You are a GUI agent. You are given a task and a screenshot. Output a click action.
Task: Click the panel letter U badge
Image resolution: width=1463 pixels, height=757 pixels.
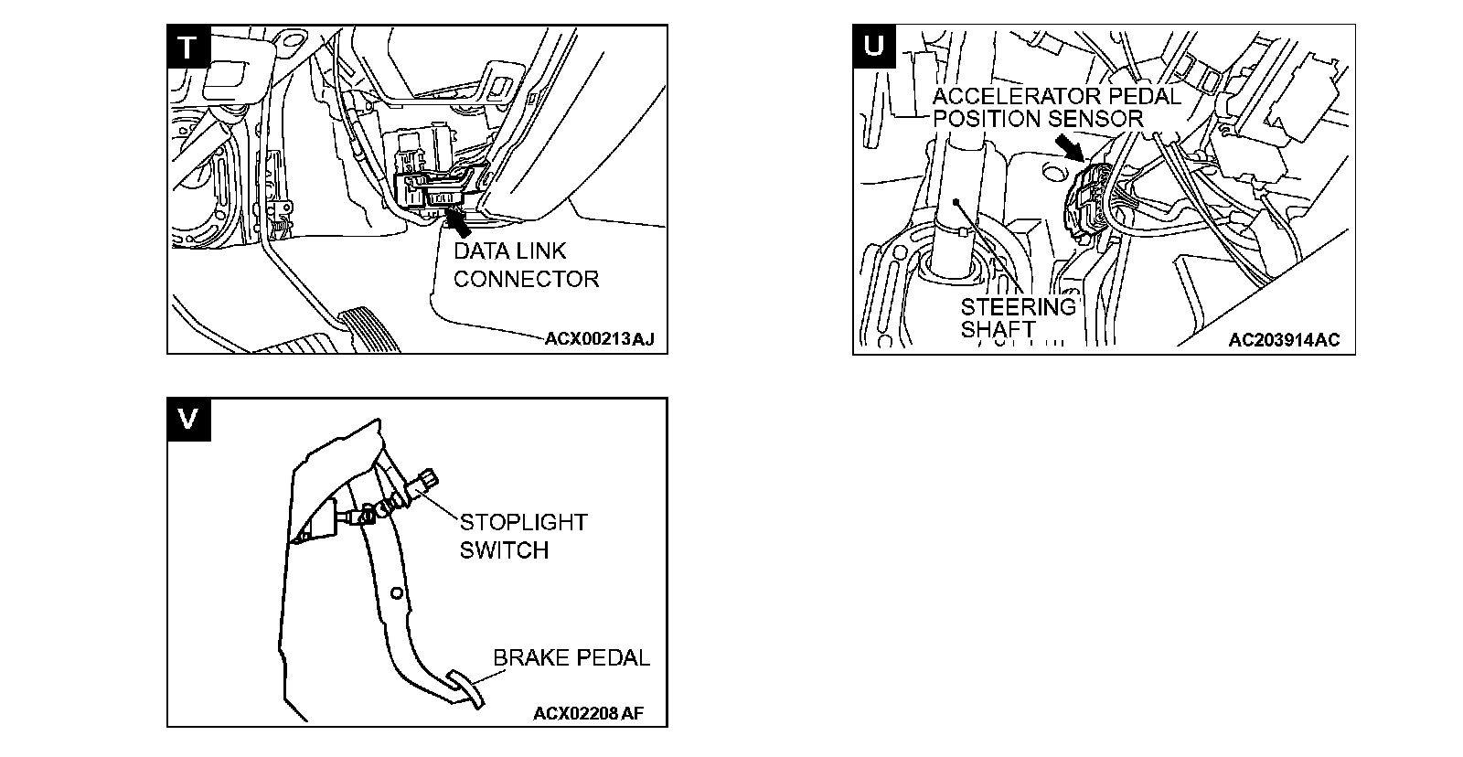[873, 46]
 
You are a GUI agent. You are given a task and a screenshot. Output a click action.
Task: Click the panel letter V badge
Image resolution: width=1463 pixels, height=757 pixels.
[187, 418]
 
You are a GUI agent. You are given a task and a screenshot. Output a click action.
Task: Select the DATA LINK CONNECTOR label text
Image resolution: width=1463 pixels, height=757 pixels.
[526, 265]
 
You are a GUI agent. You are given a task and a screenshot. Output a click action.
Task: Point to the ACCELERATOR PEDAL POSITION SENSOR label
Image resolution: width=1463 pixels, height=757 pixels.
[1056, 107]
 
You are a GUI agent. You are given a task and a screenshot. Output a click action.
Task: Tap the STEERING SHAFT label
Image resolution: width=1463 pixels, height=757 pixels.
[1018, 317]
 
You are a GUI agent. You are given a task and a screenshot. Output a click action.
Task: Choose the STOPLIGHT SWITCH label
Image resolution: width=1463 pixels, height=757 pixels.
[522, 536]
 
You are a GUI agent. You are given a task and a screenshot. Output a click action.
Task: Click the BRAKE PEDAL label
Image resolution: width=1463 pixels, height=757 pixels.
[571, 657]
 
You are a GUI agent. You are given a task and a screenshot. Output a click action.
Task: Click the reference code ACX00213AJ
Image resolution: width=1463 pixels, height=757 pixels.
[600, 340]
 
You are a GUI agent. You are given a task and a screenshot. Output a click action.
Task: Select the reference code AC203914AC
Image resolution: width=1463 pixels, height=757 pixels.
[1284, 340]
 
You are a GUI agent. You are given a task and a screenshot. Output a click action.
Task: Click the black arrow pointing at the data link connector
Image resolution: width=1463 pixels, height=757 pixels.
[457, 220]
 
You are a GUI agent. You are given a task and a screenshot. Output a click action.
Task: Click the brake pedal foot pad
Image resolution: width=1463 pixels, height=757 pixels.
[466, 687]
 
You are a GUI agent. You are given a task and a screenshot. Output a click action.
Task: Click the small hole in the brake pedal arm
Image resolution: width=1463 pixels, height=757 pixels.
[395, 593]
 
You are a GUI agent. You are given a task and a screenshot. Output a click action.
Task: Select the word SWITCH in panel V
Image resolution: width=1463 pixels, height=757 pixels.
[504, 550]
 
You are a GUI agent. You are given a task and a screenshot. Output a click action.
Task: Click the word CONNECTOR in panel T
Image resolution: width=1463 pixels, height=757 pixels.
[526, 279]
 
